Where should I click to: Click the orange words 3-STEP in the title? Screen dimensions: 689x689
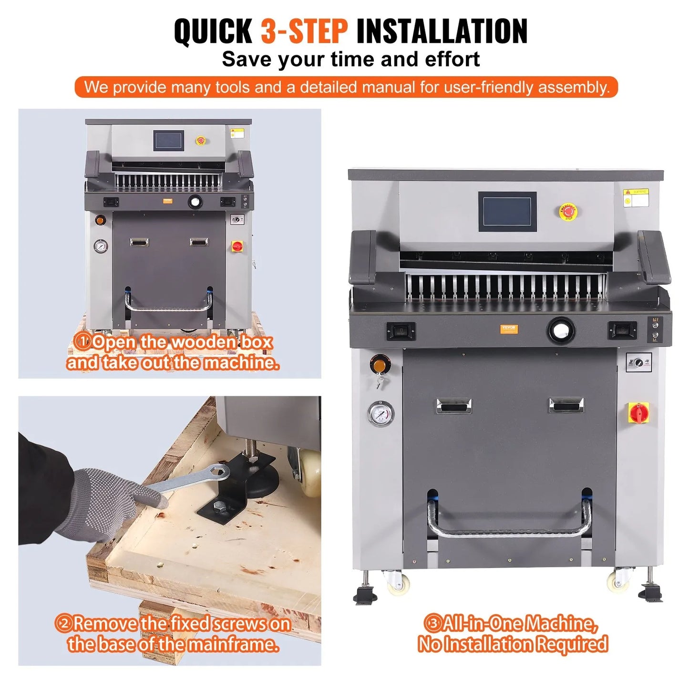(x=304, y=31)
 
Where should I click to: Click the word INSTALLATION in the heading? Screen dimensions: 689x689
(x=442, y=31)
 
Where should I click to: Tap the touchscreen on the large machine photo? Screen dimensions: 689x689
(x=507, y=211)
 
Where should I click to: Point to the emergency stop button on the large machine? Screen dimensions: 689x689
(x=568, y=211)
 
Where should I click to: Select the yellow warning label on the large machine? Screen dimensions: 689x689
(x=636, y=197)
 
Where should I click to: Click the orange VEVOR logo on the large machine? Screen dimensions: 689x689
(x=509, y=329)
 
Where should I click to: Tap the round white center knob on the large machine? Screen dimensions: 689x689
(x=561, y=330)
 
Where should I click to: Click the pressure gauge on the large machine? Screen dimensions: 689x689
(x=381, y=413)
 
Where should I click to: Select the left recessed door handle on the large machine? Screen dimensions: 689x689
(x=453, y=406)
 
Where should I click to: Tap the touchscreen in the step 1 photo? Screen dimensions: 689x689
(x=169, y=141)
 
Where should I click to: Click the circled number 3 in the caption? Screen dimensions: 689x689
(x=432, y=623)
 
